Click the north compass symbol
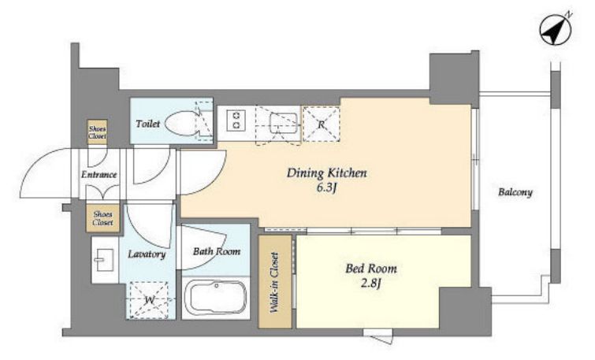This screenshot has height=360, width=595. [556, 30]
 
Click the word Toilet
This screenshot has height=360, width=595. [147, 124]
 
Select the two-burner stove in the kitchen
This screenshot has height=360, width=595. [236, 119]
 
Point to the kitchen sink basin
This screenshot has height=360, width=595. [283, 123]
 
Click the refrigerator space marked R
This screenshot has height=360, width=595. [321, 124]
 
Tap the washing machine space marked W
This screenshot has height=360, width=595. [149, 299]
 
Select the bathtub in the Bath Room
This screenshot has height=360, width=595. [216, 298]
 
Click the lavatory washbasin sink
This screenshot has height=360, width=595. [103, 260]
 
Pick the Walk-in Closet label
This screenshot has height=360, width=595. [274, 283]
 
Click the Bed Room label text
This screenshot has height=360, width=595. [370, 269]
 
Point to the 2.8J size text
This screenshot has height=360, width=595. [370, 284]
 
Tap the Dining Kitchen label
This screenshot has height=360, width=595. [327, 173]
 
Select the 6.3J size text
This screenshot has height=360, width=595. [327, 188]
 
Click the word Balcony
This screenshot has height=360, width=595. [515, 192]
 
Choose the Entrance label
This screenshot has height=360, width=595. [99, 175]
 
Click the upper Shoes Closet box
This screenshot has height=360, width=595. [97, 132]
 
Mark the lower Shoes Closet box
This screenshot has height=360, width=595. [102, 218]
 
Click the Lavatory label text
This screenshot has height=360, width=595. [147, 254]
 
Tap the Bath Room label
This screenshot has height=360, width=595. [216, 251]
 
